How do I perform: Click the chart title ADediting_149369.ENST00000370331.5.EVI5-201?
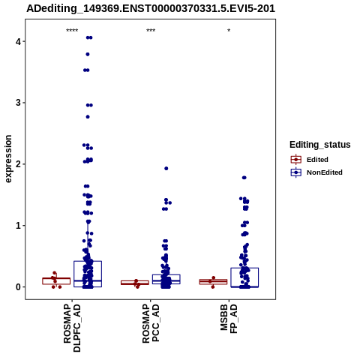click(151, 8)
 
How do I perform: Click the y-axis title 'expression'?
click(8, 159)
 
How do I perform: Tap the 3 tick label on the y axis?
click(18, 103)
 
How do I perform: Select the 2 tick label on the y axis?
click(18, 164)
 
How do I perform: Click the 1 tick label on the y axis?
click(18, 226)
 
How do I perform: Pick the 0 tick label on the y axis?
click(18, 287)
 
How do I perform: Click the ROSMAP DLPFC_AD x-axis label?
click(72, 328)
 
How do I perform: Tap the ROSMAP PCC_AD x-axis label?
click(151, 323)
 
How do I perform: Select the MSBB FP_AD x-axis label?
click(229, 319)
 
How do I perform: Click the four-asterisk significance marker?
click(72, 31)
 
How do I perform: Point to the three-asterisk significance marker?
click(151, 31)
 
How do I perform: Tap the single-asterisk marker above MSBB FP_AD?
click(229, 31)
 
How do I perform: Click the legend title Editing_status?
click(320, 145)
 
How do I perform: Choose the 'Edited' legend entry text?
click(317, 160)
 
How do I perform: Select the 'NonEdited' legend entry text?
click(325, 172)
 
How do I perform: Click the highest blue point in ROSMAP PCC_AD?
click(166, 169)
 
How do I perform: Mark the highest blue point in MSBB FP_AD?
click(244, 178)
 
